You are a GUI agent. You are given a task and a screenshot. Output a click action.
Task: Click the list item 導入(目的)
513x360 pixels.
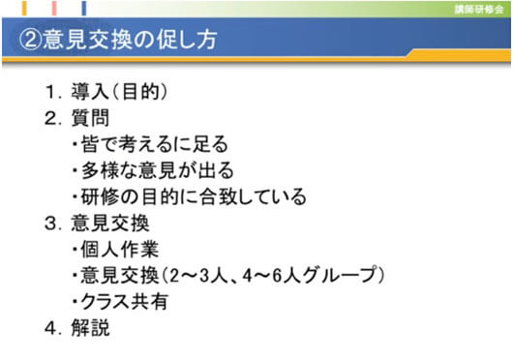pyautogui.click(x=121, y=94)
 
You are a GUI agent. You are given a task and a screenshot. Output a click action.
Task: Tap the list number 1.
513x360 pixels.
pyautogui.click(x=53, y=94)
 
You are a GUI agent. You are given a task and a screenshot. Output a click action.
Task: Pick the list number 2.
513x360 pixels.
pyautogui.click(x=53, y=120)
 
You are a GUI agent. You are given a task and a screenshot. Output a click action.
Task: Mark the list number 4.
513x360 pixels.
pyautogui.click(x=53, y=328)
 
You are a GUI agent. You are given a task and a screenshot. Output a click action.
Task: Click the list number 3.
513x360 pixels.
pyautogui.click(x=53, y=225)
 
